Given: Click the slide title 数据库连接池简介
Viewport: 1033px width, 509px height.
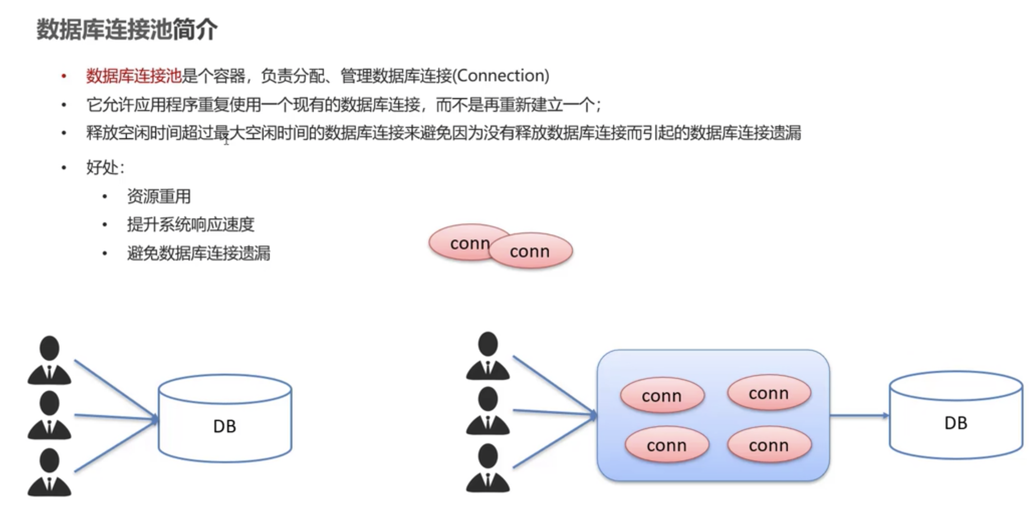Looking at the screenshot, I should tap(127, 30).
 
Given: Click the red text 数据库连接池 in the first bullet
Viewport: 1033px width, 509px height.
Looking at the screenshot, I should tap(133, 76).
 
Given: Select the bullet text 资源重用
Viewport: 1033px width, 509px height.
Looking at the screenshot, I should tap(159, 196).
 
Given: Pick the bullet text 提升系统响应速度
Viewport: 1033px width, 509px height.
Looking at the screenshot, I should tap(190, 224).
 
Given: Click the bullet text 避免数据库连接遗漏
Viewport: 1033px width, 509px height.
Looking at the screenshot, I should tap(198, 253).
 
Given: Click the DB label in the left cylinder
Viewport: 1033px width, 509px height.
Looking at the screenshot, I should tap(225, 426).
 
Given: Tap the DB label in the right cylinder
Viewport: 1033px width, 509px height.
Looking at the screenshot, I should tap(956, 423).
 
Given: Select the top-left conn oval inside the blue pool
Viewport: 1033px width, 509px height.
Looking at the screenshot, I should tap(662, 396).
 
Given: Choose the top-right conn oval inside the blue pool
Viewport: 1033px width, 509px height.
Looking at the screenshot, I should tap(769, 393).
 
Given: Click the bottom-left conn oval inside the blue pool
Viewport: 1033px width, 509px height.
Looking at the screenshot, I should tap(666, 445).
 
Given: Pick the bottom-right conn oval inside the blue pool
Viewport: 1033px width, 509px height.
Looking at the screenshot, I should tap(769, 445).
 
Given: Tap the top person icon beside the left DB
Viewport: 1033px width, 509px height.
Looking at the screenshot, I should tap(49, 360).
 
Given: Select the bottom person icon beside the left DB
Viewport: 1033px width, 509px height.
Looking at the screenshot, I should tap(49, 472).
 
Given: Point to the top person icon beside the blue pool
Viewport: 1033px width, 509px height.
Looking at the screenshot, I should tap(488, 356).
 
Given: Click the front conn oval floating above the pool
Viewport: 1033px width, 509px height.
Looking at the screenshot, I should tap(530, 251).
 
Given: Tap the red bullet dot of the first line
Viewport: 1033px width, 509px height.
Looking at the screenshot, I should tap(64, 76).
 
